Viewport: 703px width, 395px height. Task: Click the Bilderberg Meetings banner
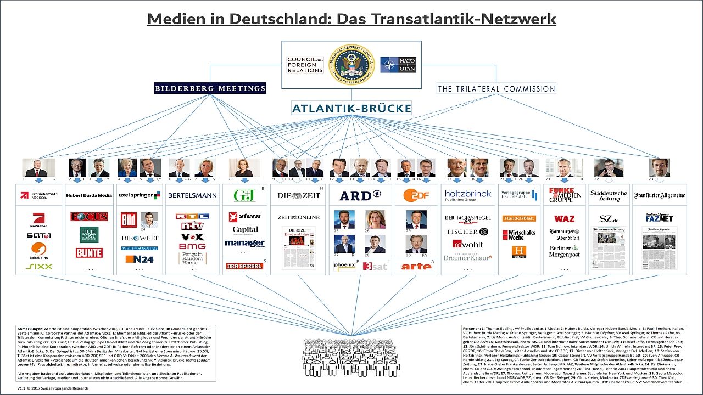coord(210,88)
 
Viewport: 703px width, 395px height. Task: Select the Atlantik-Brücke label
coord(351,108)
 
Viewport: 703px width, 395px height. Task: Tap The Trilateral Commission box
coord(496,89)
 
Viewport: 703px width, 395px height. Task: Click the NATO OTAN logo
coord(398,65)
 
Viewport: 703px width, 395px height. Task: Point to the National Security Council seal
coord(351,64)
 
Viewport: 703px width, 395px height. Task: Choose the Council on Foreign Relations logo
coord(305,65)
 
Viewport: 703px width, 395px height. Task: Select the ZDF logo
coord(416,195)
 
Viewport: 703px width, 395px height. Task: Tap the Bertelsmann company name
coord(192,195)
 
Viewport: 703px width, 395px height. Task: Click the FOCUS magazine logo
coord(89,217)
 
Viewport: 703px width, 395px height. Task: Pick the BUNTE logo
coord(89,253)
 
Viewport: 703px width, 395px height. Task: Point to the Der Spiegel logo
coord(244,266)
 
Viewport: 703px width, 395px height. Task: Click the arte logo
coord(416,266)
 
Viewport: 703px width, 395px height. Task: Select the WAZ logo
coord(564,218)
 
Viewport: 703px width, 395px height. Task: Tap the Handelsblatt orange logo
coord(518,218)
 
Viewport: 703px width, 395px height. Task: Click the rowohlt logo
coord(468,244)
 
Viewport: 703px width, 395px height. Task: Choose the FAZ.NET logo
coord(659,218)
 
